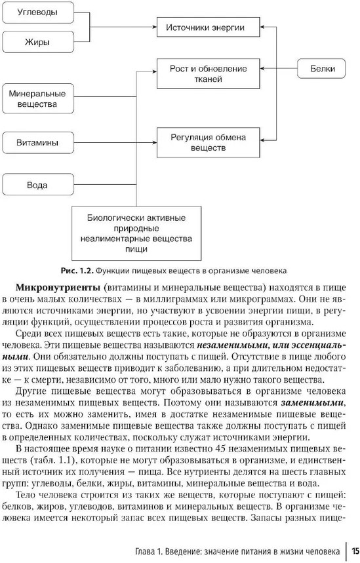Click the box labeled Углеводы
coord(38,12)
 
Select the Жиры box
coord(38,42)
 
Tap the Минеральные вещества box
coord(38,99)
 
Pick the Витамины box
coord(38,142)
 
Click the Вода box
coord(38,185)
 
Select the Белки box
coord(321,68)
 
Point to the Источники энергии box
coord(209,28)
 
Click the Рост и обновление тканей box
coord(209,73)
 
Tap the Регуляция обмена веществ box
coord(209,142)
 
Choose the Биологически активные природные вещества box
coord(136,233)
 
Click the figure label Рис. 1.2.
coord(77,271)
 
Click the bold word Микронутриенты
coord(57,288)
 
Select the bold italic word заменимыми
coord(312,402)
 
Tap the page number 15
coord(355,551)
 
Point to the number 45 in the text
coord(219,449)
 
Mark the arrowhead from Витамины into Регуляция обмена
coord(155,142)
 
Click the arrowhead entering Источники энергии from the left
coord(155,27)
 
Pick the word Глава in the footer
coord(145,551)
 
